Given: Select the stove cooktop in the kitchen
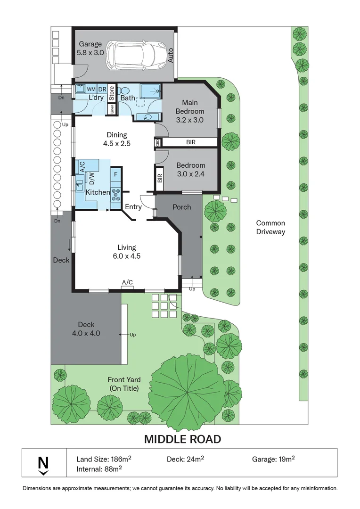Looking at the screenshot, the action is [116, 194].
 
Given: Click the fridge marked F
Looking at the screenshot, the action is [116, 175].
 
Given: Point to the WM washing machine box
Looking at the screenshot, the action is [91, 89].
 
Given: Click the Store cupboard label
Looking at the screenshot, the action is [112, 93].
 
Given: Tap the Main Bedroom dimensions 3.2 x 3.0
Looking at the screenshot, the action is [190, 120].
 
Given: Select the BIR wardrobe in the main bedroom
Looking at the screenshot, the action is [190, 142].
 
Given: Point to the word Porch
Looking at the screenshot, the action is [182, 207].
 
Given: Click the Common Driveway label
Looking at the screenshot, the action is [271, 227].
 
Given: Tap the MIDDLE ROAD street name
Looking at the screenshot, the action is [183, 439].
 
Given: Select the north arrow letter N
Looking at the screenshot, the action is [43, 463].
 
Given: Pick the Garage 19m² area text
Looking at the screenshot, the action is [273, 459].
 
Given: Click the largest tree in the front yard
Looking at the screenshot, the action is [188, 391].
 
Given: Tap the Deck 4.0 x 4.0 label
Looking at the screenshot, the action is [86, 329].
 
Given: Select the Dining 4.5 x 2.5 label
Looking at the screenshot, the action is [117, 139].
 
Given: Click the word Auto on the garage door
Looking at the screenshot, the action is [171, 55].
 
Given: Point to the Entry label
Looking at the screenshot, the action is [133, 207].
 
